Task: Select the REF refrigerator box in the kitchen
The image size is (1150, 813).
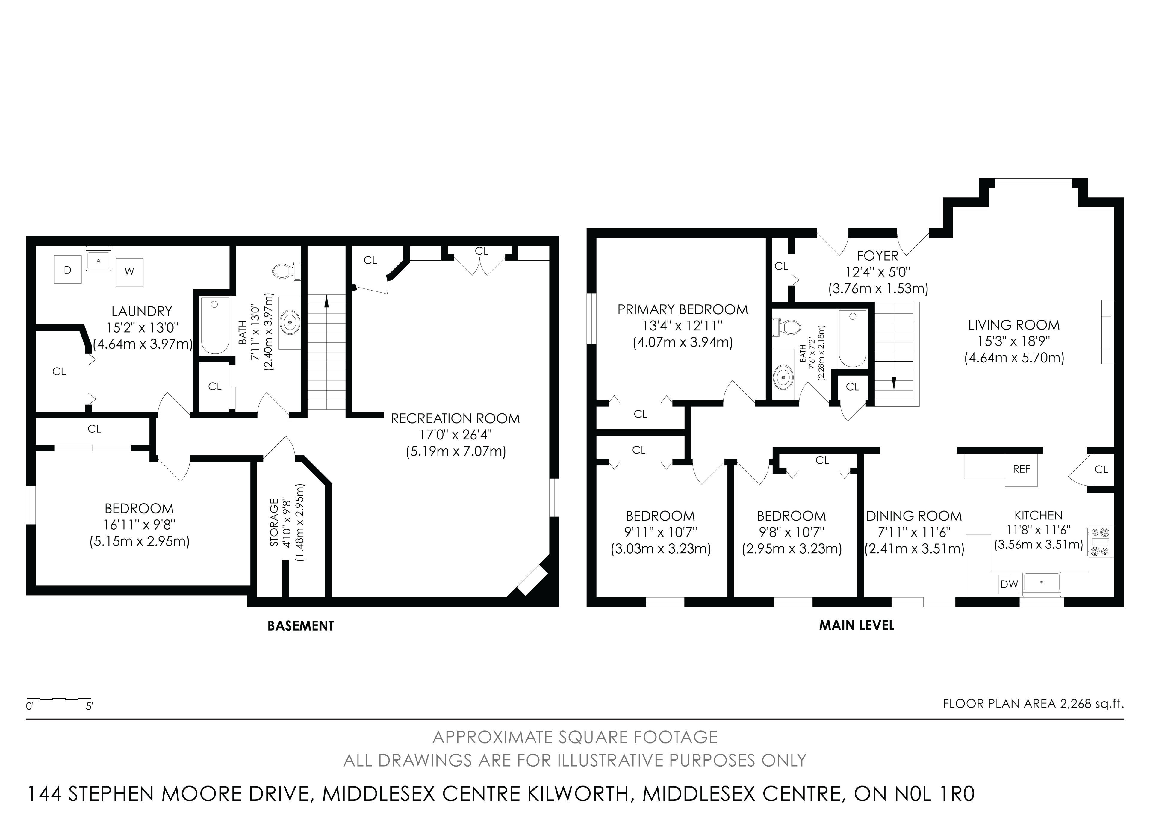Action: (1021, 469)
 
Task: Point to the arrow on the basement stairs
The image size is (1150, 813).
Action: (326, 301)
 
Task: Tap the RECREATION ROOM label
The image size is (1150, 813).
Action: (455, 418)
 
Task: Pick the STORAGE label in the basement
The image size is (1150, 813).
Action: (274, 522)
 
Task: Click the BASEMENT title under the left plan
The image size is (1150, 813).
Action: (300, 626)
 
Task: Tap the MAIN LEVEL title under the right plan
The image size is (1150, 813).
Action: (857, 625)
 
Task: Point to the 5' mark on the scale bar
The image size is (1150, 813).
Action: (90, 706)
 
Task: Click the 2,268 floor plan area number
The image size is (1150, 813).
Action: (1076, 703)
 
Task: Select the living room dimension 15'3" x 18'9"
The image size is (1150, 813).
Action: (1014, 341)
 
